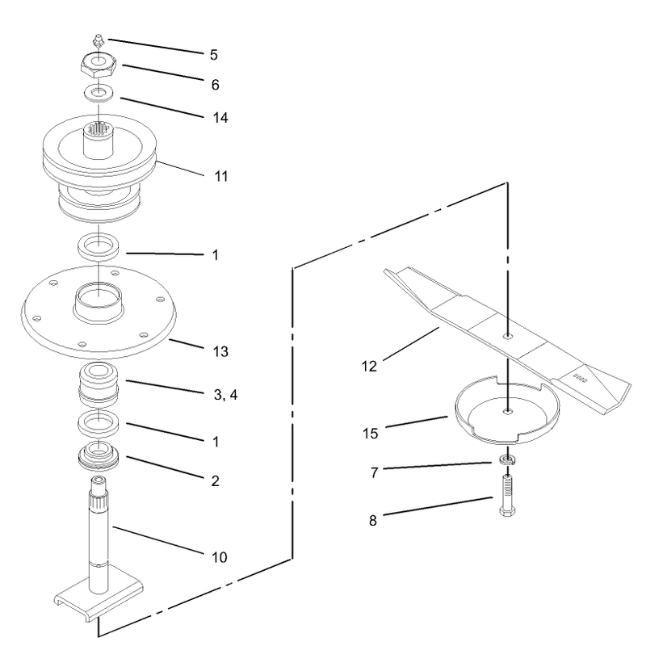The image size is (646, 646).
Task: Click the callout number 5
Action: (x=213, y=55)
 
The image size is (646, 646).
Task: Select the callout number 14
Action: (x=220, y=118)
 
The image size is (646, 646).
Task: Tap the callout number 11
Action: (x=221, y=176)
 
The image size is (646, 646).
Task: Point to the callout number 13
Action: (x=220, y=351)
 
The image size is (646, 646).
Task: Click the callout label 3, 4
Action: (x=226, y=395)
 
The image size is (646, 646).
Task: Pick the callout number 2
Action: (x=215, y=480)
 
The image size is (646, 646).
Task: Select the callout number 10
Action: (x=220, y=557)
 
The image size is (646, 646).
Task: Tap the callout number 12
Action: (x=369, y=367)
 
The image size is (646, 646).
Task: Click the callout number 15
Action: (x=370, y=434)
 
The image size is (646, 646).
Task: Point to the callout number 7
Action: (x=374, y=472)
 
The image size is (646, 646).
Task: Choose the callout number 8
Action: (x=373, y=521)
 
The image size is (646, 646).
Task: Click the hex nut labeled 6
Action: (x=99, y=65)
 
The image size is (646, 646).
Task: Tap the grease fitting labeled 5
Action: (x=99, y=41)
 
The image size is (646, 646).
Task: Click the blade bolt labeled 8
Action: (x=507, y=495)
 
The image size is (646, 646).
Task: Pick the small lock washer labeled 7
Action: (x=503, y=459)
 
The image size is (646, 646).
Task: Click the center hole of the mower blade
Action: (x=508, y=336)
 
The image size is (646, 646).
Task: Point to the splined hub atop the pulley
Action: (x=99, y=140)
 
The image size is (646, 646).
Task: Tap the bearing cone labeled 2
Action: (x=99, y=456)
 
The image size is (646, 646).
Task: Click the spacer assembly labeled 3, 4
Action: (x=99, y=385)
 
